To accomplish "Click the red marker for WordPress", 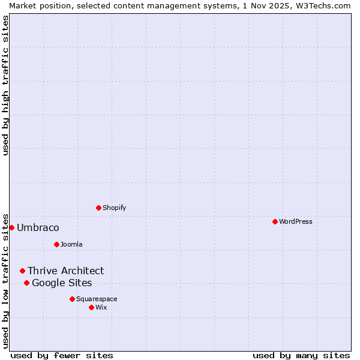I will (x=275, y=221).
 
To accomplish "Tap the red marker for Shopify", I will (x=98, y=208).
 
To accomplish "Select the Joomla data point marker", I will (x=56, y=244).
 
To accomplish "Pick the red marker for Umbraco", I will (x=11, y=227).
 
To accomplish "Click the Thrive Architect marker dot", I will (x=22, y=271).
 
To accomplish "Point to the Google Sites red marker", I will (x=26, y=283).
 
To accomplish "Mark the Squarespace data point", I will (x=72, y=299).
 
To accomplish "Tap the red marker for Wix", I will (x=91, y=307).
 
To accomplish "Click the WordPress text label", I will (x=296, y=221).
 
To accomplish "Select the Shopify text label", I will (x=115, y=208).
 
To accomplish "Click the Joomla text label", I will (x=71, y=244).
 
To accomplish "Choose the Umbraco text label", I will (x=38, y=227).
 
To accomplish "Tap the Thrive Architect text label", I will (x=65, y=271).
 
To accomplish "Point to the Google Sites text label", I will (x=62, y=283).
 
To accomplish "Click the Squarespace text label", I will (x=97, y=299).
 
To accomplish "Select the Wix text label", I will (x=101, y=307).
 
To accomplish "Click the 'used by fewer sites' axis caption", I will (x=62, y=355).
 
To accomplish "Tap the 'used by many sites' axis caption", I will (x=301, y=355).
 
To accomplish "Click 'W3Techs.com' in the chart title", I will (x=325, y=5).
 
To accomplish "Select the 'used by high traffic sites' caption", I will (x=6, y=85).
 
